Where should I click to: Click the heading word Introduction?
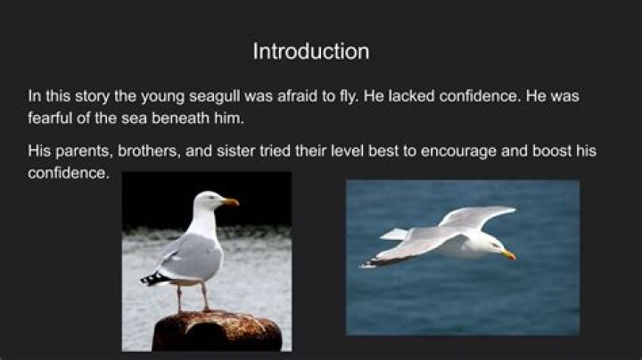[x=310, y=51]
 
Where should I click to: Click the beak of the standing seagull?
[x=232, y=202]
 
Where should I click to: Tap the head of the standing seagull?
[x=210, y=200]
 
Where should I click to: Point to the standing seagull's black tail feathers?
[x=153, y=279]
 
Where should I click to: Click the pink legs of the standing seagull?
[x=192, y=297]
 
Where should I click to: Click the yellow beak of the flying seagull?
[x=509, y=256]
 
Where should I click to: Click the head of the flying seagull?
[x=490, y=246]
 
